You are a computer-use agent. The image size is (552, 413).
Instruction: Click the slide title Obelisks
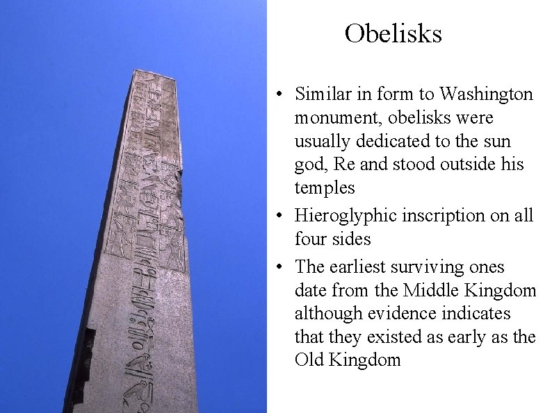[393, 33]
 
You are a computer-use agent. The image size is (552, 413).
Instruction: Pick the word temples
[324, 188]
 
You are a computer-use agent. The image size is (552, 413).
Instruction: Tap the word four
[311, 239]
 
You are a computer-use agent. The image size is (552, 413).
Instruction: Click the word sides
[352, 239]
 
